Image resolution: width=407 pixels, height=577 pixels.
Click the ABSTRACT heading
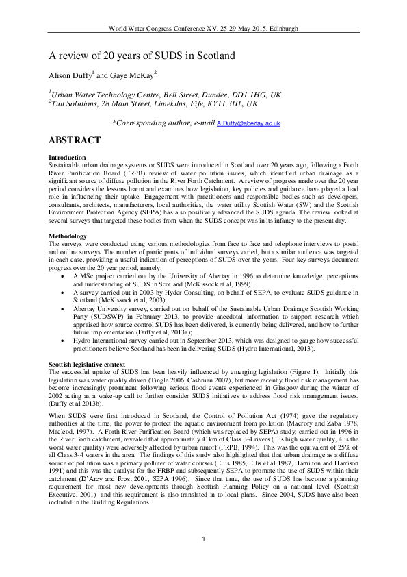coord(75,140)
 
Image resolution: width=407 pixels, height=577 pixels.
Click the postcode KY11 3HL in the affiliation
coord(209,103)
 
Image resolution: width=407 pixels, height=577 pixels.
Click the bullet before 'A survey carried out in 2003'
coord(64,275)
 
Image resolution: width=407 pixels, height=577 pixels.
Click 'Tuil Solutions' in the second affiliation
coord(74,103)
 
